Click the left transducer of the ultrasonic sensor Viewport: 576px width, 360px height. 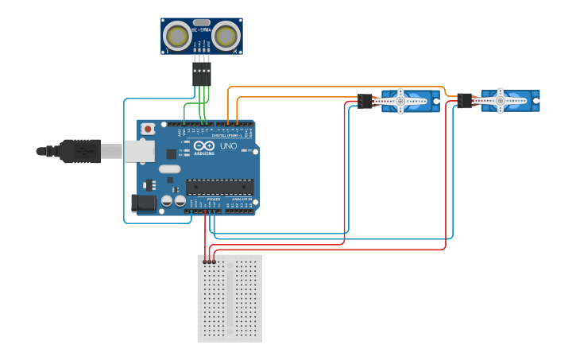[x=177, y=36]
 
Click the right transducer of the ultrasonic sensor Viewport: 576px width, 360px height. [x=226, y=36]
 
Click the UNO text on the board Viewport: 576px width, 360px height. [x=228, y=145]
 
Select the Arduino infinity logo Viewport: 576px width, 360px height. [x=204, y=146]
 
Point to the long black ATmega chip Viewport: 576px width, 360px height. [x=220, y=187]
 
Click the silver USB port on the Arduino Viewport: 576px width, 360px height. [x=137, y=151]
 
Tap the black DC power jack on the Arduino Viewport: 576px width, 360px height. [x=144, y=203]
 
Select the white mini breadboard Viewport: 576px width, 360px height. [x=230, y=298]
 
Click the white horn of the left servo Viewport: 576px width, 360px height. [x=401, y=101]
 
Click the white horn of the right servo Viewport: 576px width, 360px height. [x=501, y=101]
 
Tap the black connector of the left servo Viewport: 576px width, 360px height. [x=365, y=101]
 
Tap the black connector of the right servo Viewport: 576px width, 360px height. [x=465, y=101]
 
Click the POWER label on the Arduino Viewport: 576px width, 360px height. [x=202, y=199]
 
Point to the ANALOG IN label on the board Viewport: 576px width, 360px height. [x=241, y=199]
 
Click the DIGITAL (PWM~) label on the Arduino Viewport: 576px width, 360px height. [x=226, y=136]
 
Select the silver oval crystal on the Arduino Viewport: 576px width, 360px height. [x=169, y=168]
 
